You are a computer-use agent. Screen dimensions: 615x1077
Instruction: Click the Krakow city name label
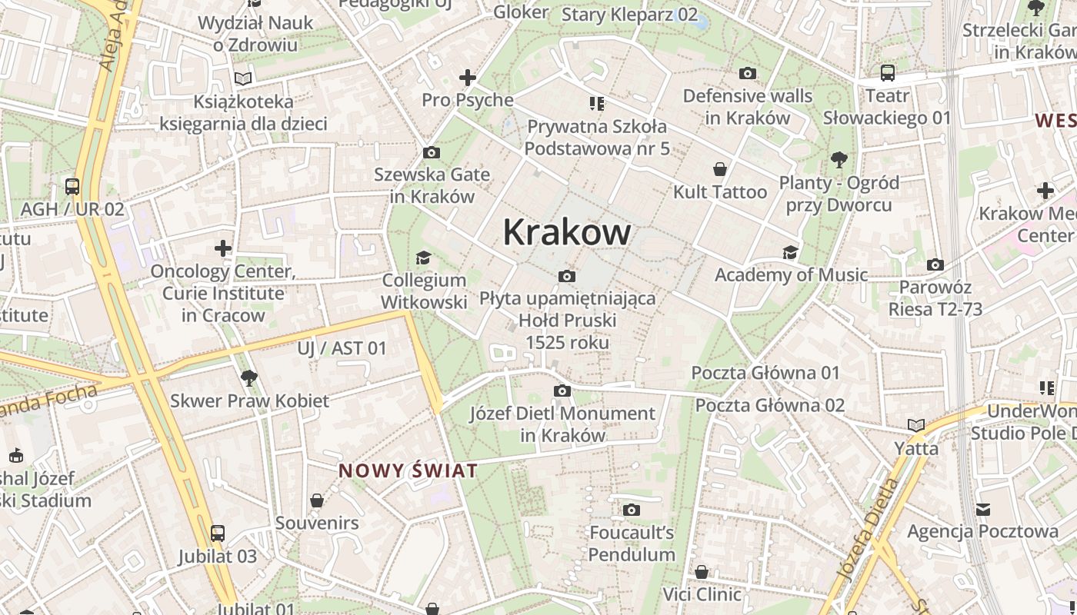[x=567, y=231]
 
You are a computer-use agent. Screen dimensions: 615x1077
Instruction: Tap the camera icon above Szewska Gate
[x=432, y=152]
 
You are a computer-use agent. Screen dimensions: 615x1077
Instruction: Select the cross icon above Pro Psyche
[x=468, y=78]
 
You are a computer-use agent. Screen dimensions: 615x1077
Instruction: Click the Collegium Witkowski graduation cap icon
[x=423, y=258]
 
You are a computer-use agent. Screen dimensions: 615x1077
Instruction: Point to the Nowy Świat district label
[x=408, y=470]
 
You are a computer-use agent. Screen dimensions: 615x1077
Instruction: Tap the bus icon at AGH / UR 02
[x=72, y=187]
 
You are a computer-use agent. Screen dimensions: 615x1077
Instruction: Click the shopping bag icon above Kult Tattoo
[x=720, y=169]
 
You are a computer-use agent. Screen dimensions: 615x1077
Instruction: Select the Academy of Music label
[x=791, y=275]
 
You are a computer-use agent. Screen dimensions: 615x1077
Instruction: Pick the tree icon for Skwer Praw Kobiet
[x=248, y=378]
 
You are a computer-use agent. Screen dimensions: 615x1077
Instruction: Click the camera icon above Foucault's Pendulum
[x=632, y=510]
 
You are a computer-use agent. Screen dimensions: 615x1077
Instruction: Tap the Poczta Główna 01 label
[x=765, y=373]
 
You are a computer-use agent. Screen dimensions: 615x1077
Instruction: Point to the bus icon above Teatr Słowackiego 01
[x=888, y=74]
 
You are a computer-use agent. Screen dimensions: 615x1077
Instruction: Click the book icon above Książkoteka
[x=243, y=78]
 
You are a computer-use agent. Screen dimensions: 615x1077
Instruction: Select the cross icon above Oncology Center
[x=223, y=248]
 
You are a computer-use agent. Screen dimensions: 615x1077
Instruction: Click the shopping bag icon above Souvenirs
[x=317, y=501]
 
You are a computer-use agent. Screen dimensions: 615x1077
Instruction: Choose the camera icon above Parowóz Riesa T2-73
[x=935, y=265]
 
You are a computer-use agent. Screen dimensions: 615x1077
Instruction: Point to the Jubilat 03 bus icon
[x=218, y=534]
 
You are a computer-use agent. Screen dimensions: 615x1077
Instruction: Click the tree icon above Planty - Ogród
[x=839, y=160]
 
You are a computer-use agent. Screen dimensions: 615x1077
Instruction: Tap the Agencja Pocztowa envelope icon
[x=983, y=509]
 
